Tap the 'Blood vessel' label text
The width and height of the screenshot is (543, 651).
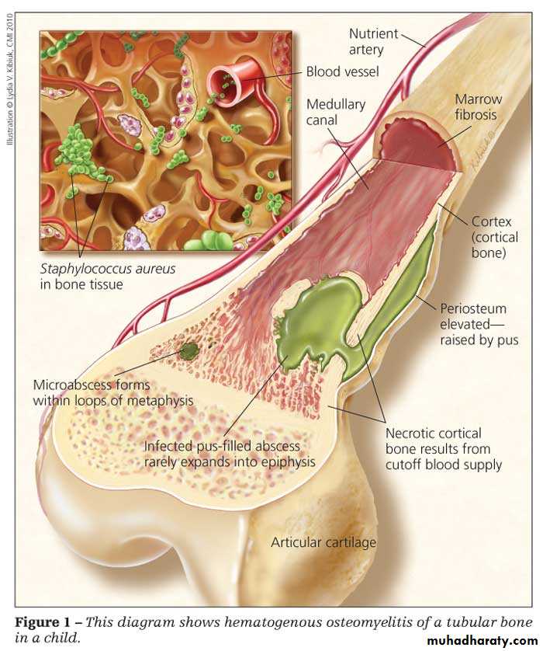pyautogui.click(x=342, y=71)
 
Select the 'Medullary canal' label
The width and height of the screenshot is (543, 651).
pyautogui.click(x=335, y=112)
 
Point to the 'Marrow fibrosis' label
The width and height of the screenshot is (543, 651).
pyautogui.click(x=478, y=106)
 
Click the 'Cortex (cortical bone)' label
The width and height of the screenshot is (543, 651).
pyautogui.click(x=494, y=237)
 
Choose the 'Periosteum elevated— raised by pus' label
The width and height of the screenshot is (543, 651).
pyautogui.click(x=479, y=324)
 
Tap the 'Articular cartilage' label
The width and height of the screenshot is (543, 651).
pyautogui.click(x=323, y=541)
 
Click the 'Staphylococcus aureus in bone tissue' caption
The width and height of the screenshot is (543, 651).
pyautogui.click(x=108, y=277)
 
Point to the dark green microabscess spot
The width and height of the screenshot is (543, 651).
pyautogui.click(x=189, y=351)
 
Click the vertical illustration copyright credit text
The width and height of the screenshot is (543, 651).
pyautogui.click(x=9, y=79)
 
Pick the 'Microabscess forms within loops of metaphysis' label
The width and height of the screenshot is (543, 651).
pyautogui.click(x=112, y=392)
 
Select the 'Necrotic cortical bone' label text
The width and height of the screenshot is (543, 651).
pyautogui.click(x=433, y=441)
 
